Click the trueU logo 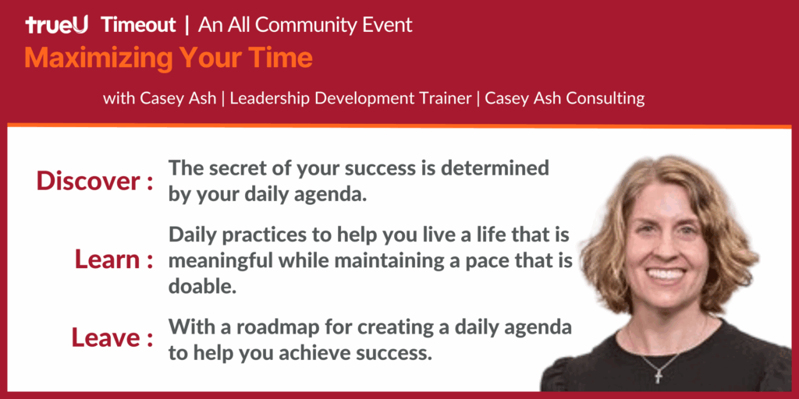[x=57, y=24]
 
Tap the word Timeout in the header [x=139, y=24]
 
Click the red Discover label [x=89, y=181]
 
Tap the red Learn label [x=108, y=260]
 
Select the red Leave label [x=106, y=337]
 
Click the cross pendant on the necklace [x=659, y=376]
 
